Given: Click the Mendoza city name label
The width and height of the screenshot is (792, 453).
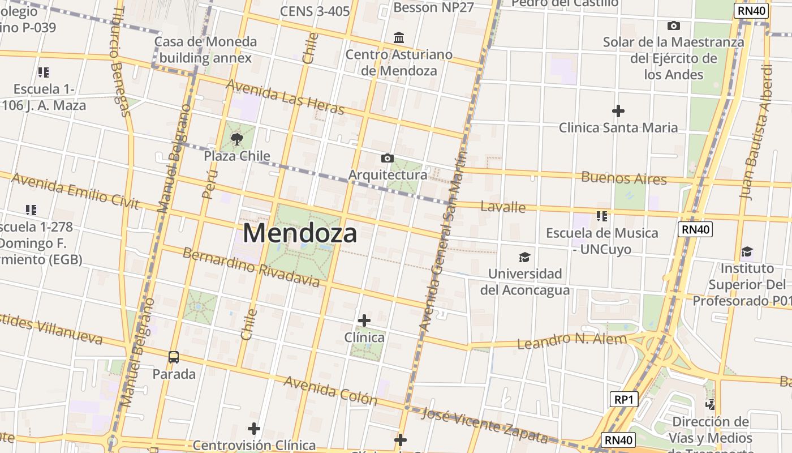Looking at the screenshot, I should [300, 233].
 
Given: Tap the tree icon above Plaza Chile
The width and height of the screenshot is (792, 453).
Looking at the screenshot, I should [237, 139].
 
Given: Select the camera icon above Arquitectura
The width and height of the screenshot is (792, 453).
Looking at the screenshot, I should [388, 158].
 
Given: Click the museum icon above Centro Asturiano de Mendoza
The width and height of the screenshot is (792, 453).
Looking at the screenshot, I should [399, 38].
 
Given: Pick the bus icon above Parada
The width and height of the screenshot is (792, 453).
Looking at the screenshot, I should [174, 357].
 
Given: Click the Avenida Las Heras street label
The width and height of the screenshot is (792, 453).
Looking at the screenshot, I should [285, 96].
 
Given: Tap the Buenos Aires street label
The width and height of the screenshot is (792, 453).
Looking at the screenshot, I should [624, 178].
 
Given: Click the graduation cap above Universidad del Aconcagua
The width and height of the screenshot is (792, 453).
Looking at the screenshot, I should [525, 258].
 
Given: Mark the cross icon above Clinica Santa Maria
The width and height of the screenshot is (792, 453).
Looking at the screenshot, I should [618, 111].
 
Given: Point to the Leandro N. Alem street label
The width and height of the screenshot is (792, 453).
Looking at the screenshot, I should [572, 341].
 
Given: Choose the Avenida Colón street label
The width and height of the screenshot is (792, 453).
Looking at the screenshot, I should [330, 390].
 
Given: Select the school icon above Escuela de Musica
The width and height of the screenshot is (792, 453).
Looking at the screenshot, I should [602, 216].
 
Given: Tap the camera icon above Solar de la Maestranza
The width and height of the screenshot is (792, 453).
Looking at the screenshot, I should [673, 25].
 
